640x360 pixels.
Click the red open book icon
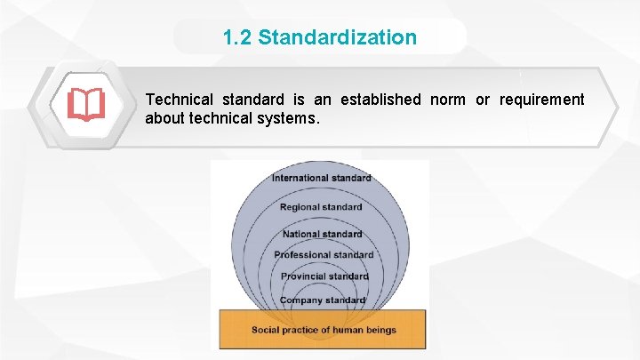[86, 105]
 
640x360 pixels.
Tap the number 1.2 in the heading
[237, 37]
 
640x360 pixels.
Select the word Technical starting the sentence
[179, 100]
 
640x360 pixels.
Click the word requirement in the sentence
[542, 100]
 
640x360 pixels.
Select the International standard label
[321, 178]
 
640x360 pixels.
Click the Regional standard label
[321, 207]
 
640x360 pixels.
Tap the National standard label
[322, 235]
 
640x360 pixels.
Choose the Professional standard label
[324, 255]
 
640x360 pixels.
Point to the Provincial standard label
[324, 276]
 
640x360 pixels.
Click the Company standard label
[323, 300]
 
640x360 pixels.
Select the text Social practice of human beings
[324, 330]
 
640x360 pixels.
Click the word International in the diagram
[300, 178]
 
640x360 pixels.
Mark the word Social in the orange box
[266, 330]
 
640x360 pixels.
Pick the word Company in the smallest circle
[300, 300]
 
